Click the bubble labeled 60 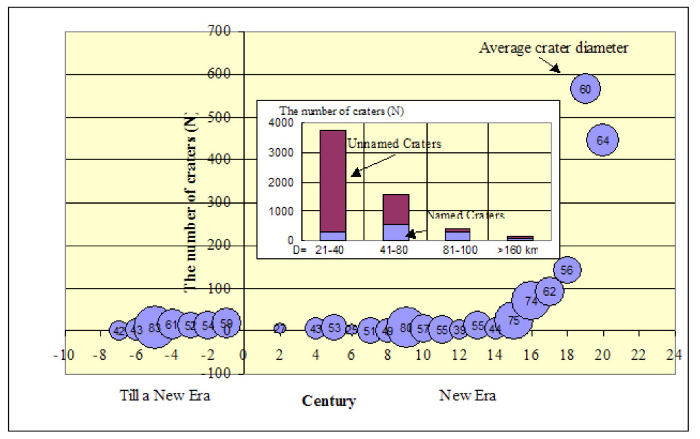(x=585, y=89)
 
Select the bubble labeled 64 (x=603, y=140)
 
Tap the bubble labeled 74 (x=531, y=301)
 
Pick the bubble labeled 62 (x=549, y=291)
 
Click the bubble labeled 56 (x=567, y=270)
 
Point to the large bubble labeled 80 (x=406, y=328)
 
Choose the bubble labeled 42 (x=118, y=330)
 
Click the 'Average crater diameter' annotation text (x=554, y=48)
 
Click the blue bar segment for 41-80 (x=395, y=233)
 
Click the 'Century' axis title (x=329, y=401)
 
